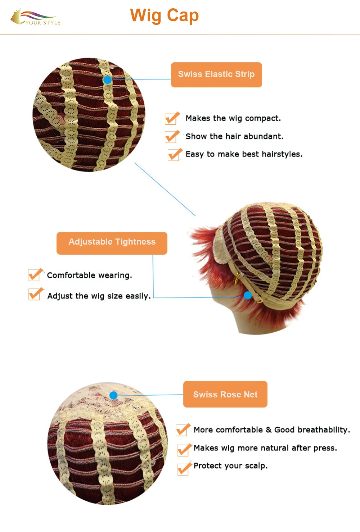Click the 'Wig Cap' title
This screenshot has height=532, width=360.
[164, 16]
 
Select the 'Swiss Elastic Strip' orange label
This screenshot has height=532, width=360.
[216, 74]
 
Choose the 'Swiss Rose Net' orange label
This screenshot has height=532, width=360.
[225, 394]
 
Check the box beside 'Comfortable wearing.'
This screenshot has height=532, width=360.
[35, 275]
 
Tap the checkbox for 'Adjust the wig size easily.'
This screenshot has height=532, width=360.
[35, 294]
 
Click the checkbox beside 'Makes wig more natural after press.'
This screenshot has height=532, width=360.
[184, 450]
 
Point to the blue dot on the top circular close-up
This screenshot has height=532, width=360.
[107, 80]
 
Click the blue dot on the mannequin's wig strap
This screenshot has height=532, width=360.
[248, 295]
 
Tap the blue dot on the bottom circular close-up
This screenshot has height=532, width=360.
[113, 395]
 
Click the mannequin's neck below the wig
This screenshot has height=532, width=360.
[252, 320]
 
